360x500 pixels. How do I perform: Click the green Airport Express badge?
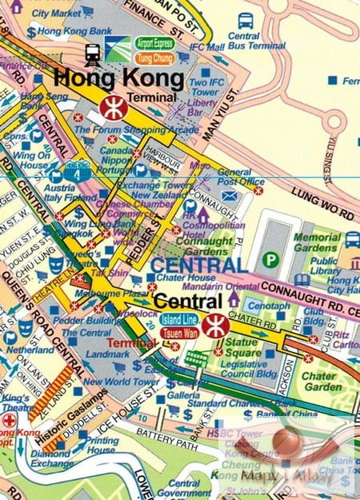click(x=154, y=43)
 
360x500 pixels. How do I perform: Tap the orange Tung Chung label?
click(x=154, y=58)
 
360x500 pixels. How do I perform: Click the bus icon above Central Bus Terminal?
click(x=246, y=19)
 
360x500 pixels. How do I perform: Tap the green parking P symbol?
click(x=272, y=259)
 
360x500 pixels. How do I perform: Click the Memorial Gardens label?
click(x=317, y=243)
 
